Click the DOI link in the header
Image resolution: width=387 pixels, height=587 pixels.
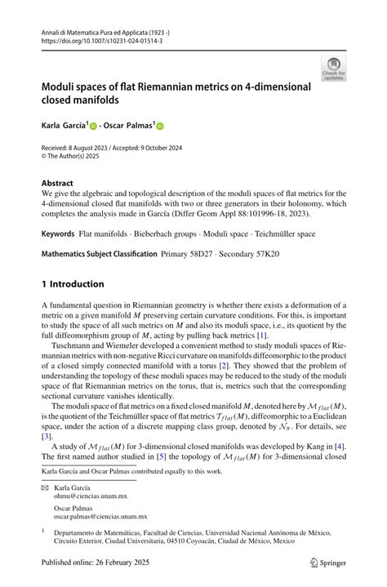pos(95,38)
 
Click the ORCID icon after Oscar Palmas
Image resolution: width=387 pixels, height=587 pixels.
pos(160,126)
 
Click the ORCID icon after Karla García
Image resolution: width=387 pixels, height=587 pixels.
pos(93,126)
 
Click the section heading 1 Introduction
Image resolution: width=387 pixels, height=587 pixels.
pos(73,285)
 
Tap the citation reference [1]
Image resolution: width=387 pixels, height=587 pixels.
pos(260,336)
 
